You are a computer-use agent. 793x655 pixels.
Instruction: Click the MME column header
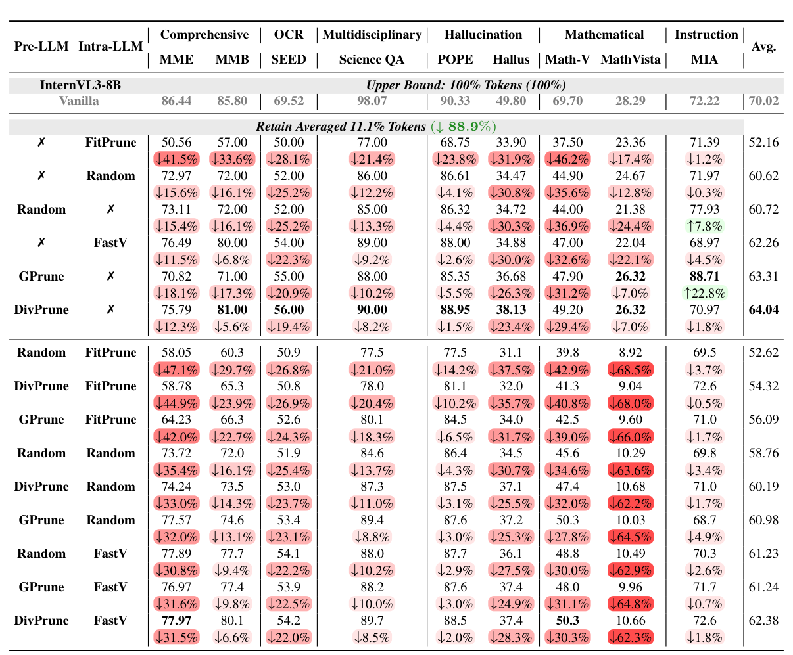click(177, 60)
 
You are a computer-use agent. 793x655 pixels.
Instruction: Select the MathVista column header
click(631, 60)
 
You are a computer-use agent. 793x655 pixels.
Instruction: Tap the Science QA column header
click(372, 60)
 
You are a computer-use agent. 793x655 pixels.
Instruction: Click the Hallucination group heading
click(483, 35)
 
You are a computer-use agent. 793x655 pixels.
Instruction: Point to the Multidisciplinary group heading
click(372, 35)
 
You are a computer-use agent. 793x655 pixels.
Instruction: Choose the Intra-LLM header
click(110, 47)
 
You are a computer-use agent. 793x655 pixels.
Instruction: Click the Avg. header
click(763, 47)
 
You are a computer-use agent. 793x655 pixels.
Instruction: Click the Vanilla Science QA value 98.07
click(372, 102)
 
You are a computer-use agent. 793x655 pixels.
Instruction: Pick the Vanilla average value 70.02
click(763, 102)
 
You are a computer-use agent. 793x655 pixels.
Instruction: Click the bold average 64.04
click(763, 309)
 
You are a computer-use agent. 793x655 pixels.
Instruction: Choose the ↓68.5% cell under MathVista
click(631, 370)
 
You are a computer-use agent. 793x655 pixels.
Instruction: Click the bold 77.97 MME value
click(177, 621)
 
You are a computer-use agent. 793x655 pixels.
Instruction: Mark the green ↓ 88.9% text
click(464, 126)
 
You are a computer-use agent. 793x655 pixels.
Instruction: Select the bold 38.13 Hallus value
click(511, 309)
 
